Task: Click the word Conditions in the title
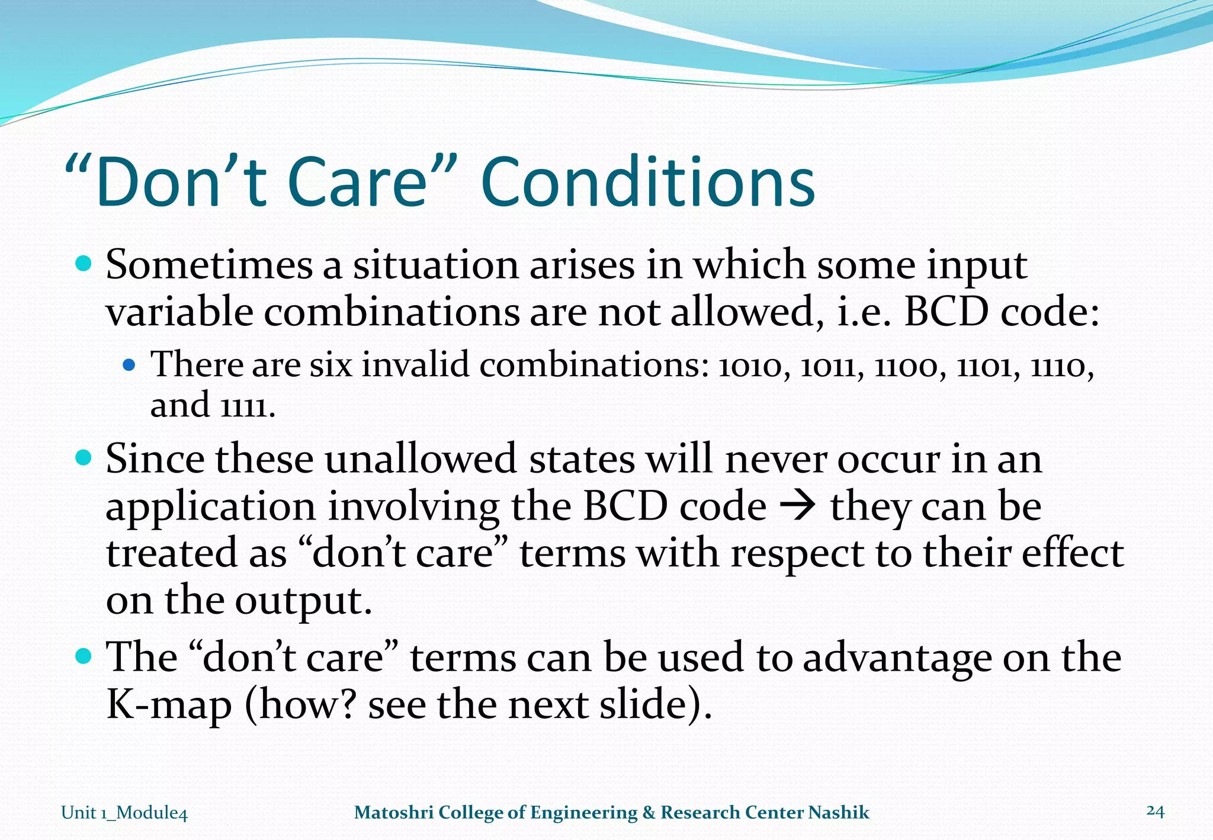tap(648, 182)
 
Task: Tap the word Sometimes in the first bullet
tap(208, 265)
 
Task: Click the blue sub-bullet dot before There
tap(129, 365)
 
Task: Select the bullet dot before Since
tap(85, 458)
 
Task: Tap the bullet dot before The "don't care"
tap(85, 656)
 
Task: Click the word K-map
tap(168, 705)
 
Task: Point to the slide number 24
tap(1155, 810)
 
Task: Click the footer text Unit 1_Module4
tap(124, 812)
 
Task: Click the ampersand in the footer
tap(649, 812)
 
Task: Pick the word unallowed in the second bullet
tap(421, 460)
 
